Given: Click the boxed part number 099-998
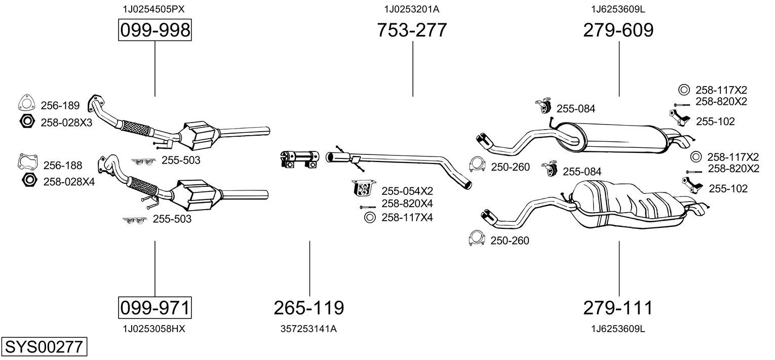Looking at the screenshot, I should pos(154,30).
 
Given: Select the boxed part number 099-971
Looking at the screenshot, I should pos(154,307).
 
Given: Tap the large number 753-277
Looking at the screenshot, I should pos(412,30).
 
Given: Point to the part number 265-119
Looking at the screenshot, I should pos(309,307).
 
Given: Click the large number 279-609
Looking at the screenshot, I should pos(618,30).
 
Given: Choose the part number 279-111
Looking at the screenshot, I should pos(618,307).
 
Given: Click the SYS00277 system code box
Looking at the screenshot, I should pos(44,347).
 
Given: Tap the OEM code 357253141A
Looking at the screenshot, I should pos(308,329).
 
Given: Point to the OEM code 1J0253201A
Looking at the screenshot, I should pos(412,9).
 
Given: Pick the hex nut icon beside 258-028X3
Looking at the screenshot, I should pos(27,122).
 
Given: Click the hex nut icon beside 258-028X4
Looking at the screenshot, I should pos(29,180).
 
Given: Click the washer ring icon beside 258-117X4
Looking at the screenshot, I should pos(369,218).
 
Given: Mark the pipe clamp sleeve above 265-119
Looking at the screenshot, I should pos(299,158).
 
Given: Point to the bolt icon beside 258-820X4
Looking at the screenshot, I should pos(367,207).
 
